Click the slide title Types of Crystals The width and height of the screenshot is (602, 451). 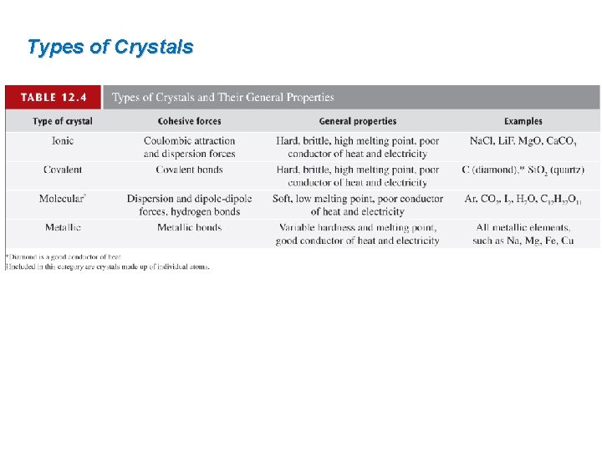pos(110,47)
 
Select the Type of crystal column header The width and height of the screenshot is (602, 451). pos(63,122)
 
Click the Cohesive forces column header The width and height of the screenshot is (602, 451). pos(189,122)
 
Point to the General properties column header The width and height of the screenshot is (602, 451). pos(358,122)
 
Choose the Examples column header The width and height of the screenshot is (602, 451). pos(523,122)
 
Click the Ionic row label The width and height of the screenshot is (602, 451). pos(63,141)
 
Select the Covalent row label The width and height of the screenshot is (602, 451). pos(63,170)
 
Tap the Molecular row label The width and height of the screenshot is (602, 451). pos(63,199)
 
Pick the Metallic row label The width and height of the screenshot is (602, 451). pos(63,227)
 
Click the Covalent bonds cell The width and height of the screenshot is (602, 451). pos(189,170)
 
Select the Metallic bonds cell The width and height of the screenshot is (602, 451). pos(189,227)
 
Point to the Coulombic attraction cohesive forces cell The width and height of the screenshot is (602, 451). pos(189,147)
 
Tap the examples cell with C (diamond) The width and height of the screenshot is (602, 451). pos(523,170)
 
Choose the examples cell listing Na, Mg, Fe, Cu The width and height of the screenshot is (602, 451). pos(523,234)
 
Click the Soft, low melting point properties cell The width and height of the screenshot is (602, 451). pos(358,205)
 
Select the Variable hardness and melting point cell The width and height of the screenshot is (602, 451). pos(358,234)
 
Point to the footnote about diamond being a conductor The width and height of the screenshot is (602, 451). pos(64,256)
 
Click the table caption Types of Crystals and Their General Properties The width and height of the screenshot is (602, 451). pos(222,98)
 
